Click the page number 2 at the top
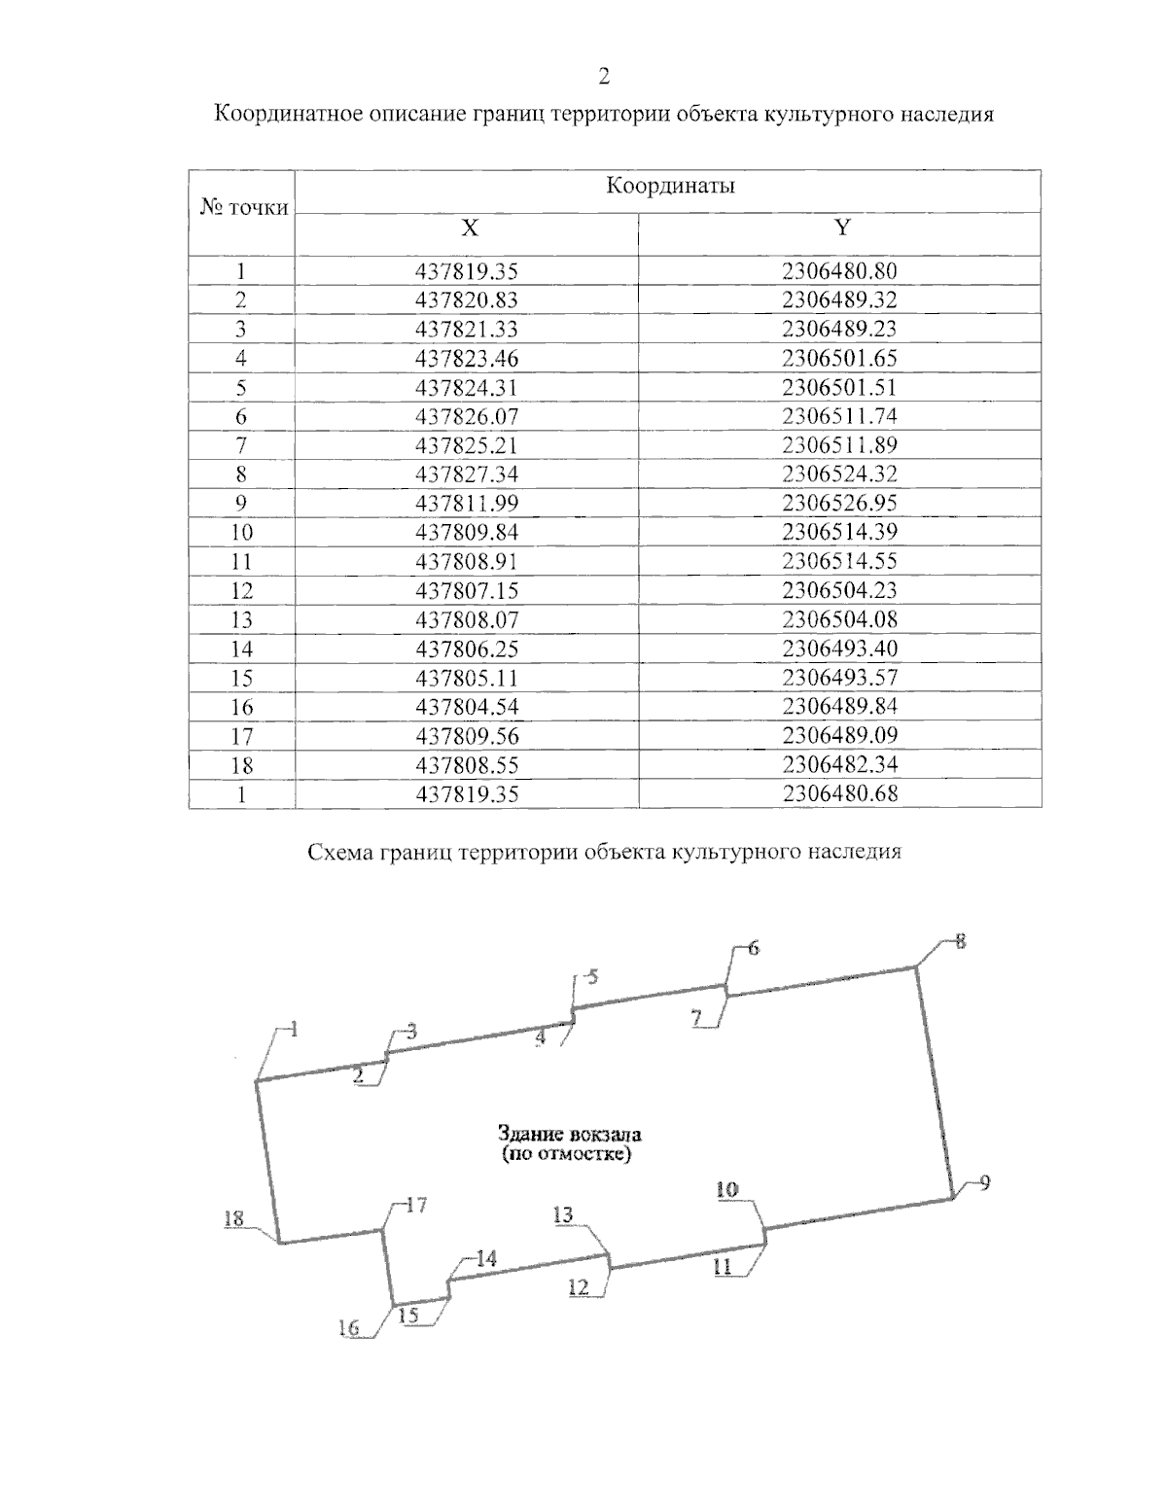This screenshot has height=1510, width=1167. [x=605, y=77]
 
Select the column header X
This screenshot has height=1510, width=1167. [x=470, y=228]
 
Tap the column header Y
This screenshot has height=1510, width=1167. [x=842, y=228]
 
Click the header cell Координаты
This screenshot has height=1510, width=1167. [x=669, y=186]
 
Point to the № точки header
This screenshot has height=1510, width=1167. [x=243, y=206]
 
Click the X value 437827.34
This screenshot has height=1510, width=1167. [x=467, y=474]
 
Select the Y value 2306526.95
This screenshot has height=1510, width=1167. [x=839, y=503]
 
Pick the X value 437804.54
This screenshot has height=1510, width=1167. [x=467, y=707]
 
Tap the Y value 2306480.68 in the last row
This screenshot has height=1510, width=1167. [x=839, y=793]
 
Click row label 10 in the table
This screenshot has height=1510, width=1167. [x=241, y=532]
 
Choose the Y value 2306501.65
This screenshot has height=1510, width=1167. [x=839, y=358]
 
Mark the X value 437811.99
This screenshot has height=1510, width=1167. [x=467, y=503]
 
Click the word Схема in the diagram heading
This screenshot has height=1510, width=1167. [x=344, y=853]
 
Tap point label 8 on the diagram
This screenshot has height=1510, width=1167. [x=961, y=941]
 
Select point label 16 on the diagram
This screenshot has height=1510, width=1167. [x=349, y=1328]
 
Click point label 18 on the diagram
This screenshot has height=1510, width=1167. [x=233, y=1219]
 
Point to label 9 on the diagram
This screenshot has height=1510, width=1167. [x=984, y=1182]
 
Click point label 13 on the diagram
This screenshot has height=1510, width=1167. [x=563, y=1214]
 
